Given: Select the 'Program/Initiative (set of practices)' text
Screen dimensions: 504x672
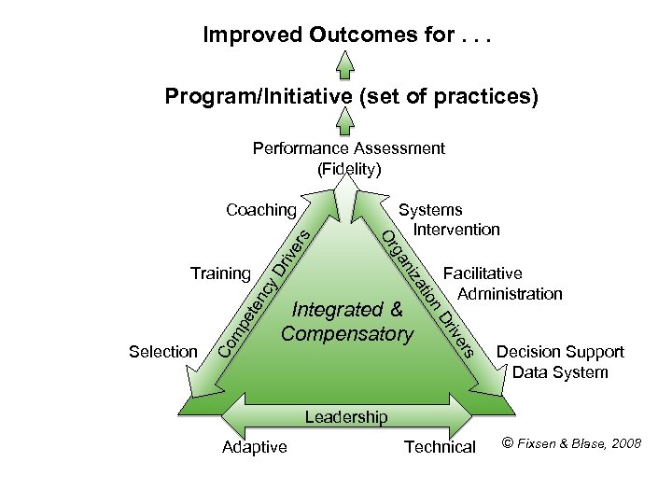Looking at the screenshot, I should (x=351, y=97).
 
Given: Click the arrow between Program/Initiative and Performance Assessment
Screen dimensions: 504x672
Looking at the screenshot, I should (x=345, y=121).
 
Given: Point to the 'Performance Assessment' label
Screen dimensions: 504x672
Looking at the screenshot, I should (x=349, y=148).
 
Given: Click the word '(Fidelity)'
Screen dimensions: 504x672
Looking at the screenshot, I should (x=349, y=169).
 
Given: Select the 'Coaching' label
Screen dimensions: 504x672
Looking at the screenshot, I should (x=260, y=210).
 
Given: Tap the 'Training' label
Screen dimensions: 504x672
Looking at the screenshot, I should (x=220, y=273).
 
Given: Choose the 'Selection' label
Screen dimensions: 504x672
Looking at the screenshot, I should (x=163, y=352).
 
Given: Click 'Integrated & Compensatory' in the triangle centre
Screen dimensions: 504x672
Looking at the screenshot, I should (x=347, y=321).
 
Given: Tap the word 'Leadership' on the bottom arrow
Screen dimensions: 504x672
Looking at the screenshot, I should (x=345, y=417).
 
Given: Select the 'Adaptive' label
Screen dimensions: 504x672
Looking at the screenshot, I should (x=255, y=447).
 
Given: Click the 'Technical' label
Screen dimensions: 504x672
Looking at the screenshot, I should (x=440, y=447).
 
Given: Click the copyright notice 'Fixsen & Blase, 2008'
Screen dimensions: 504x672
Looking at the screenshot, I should (x=571, y=443).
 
